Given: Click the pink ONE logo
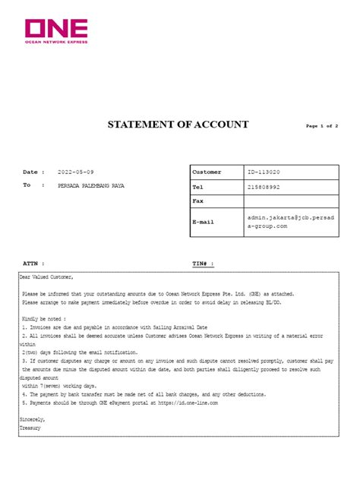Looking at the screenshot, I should (x=56, y=30).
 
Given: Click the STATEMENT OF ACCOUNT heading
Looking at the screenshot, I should (x=178, y=124).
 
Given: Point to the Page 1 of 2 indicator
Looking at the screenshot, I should (x=321, y=125).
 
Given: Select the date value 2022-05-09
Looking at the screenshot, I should (x=76, y=172).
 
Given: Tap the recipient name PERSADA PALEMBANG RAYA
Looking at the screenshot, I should (x=91, y=185).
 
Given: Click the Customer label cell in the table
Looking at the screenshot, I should (x=207, y=172).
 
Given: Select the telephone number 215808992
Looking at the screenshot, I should (x=264, y=187).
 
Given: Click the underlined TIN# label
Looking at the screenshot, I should (x=203, y=263).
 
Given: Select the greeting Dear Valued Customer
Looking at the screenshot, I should (x=47, y=278).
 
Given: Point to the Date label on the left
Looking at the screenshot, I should (x=30, y=172).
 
